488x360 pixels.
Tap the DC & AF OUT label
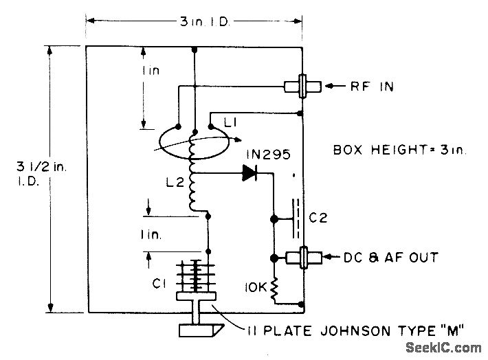390,258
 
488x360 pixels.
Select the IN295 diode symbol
249,174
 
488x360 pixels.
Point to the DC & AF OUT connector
302,258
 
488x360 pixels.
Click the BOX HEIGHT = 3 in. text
399,150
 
